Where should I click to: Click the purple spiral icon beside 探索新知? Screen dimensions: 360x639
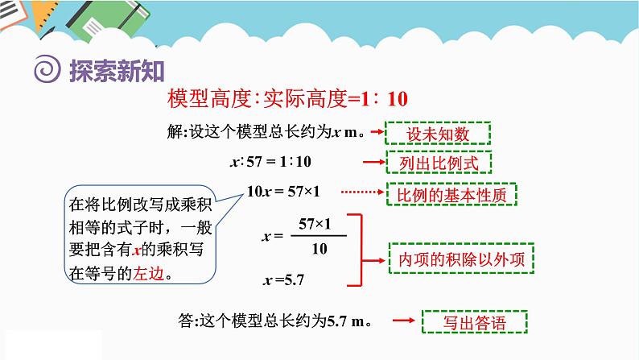click(x=45, y=71)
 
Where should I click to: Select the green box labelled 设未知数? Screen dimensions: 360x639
click(x=438, y=133)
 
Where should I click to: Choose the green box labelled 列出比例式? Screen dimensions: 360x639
click(x=438, y=163)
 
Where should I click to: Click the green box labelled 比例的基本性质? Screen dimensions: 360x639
click(x=451, y=194)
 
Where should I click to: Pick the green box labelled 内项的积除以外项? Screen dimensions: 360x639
click(x=462, y=259)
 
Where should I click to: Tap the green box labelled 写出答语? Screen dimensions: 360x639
click(x=475, y=323)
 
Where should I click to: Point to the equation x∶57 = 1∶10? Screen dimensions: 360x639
click(x=270, y=162)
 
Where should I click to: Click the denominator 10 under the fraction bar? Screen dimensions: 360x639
click(x=319, y=249)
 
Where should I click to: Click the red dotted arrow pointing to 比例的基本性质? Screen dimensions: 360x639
click(x=362, y=192)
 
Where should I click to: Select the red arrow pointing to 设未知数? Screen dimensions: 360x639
click(x=371, y=133)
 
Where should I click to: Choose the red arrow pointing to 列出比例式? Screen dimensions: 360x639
click(x=371, y=163)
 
